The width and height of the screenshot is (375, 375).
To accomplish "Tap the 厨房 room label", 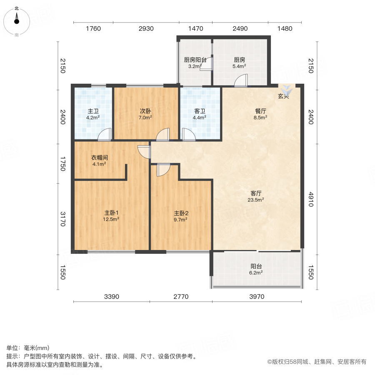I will click(239, 60).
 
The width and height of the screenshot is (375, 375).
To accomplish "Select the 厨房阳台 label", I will click(195, 60).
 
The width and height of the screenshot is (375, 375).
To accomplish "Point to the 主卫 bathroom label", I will click(93, 111).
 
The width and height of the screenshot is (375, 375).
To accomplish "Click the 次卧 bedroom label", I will click(145, 111).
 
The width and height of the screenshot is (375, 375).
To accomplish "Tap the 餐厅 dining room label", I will click(261, 111).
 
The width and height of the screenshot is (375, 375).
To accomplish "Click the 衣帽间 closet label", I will click(100, 158).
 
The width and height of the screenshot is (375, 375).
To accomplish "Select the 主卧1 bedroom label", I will click(111, 212).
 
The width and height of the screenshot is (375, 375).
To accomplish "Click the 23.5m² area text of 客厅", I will click(256, 200).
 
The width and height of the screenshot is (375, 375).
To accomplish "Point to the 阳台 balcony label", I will click(256, 266).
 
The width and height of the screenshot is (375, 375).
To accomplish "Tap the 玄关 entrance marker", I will click(284, 96).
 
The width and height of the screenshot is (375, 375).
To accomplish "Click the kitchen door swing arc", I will click(241, 80).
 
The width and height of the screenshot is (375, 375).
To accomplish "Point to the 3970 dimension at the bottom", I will click(257, 297).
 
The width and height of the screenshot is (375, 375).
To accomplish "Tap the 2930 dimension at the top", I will click(146, 29).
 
